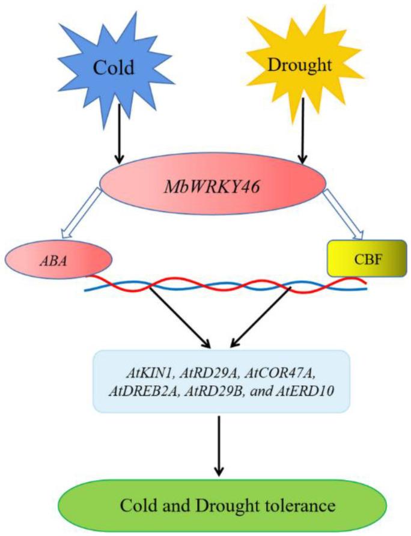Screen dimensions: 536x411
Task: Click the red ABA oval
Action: coord(58,260)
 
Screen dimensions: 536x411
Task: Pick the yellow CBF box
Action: coord(366,259)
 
